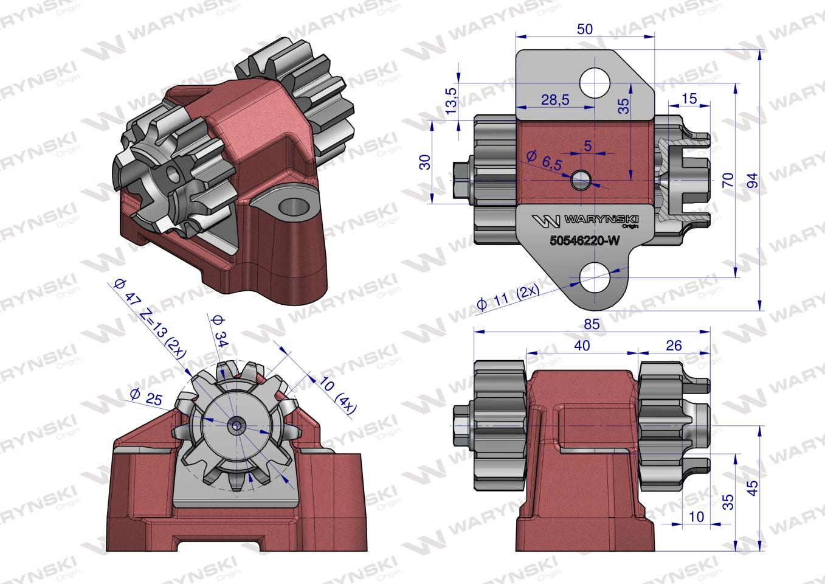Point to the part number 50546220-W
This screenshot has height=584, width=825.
click(584, 241)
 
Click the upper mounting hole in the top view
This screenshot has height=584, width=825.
click(593, 82)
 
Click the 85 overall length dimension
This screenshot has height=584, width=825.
click(591, 325)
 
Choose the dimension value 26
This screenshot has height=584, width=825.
click(674, 346)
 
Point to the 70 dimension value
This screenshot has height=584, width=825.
click(728, 181)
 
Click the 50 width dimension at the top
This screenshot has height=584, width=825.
click(584, 29)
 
